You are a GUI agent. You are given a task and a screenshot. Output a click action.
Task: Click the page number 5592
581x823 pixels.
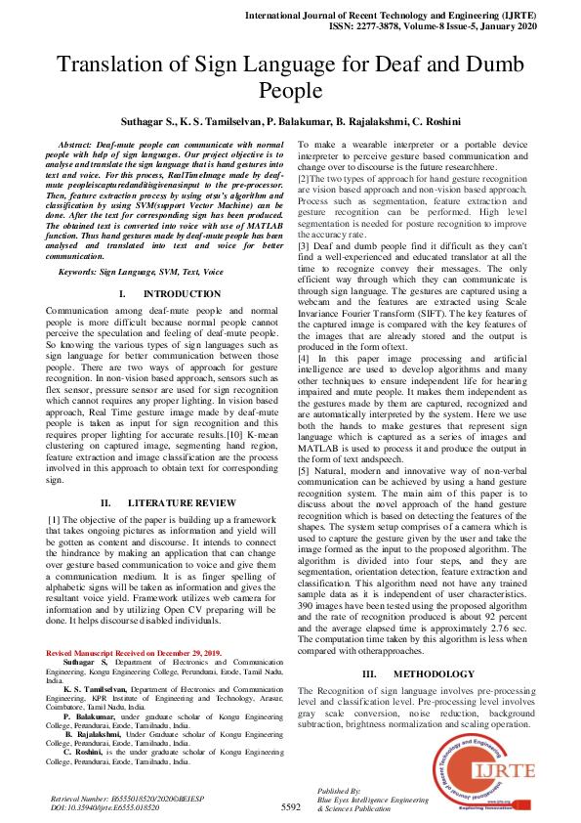(x=291, y=807)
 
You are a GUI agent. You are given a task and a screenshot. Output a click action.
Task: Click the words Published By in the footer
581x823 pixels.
(x=340, y=790)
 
